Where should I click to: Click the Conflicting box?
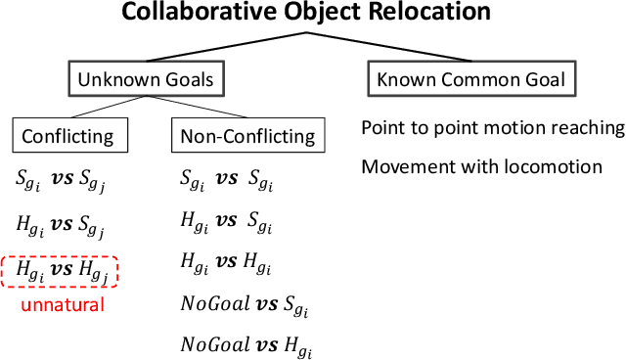67,136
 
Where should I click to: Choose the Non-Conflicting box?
248,136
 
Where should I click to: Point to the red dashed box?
60,271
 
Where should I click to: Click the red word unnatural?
62,305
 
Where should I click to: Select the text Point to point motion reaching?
492,128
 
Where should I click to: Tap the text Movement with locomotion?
481,166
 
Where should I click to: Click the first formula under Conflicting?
61,181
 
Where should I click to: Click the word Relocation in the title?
437,13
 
